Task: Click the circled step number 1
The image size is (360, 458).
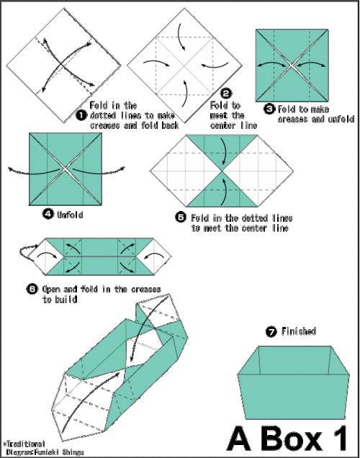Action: [x=81, y=114]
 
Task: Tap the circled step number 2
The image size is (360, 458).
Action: [x=226, y=94]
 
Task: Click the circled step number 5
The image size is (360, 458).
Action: [x=181, y=216]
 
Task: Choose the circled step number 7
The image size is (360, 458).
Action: [x=270, y=332]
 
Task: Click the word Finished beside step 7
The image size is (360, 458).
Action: [x=300, y=332]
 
